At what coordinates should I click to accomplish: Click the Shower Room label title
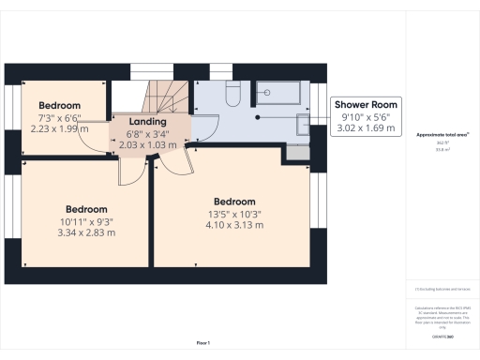coord(367,104)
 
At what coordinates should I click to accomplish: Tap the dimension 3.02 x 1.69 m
coord(367,128)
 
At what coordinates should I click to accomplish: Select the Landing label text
coord(148,122)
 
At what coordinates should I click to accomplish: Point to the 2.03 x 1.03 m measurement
coord(148,145)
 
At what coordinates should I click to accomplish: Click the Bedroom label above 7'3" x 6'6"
coord(60,106)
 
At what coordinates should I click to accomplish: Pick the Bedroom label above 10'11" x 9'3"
coord(86,209)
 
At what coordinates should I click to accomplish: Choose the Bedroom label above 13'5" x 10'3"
coord(234,202)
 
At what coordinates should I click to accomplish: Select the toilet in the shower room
coord(234,96)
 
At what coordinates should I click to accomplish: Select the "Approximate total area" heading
coord(442,135)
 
